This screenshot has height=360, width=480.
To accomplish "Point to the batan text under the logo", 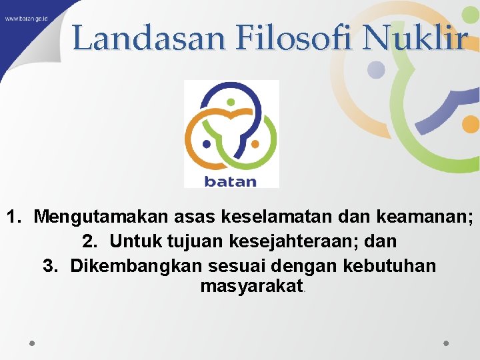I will tap(230, 181).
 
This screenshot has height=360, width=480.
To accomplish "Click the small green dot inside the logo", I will tap(231, 103).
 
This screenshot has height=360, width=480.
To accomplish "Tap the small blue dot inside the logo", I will tap(207, 143).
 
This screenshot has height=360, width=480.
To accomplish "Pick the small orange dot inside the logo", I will tap(255, 143).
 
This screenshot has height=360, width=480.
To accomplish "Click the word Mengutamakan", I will tap(101, 217).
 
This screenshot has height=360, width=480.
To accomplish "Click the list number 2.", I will tap(89, 241).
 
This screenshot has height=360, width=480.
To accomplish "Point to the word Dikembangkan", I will tap(137, 265).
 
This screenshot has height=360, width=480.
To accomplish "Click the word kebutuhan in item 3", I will tap(389, 265).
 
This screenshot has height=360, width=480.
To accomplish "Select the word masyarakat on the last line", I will tap(251, 287).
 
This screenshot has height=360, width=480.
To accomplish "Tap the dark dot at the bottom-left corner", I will tap(32, 343).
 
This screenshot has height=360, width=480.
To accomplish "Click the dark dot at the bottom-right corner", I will tap(447, 343).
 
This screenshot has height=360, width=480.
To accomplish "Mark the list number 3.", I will tap(49, 265).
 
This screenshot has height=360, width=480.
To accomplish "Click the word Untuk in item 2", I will tap(133, 241).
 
